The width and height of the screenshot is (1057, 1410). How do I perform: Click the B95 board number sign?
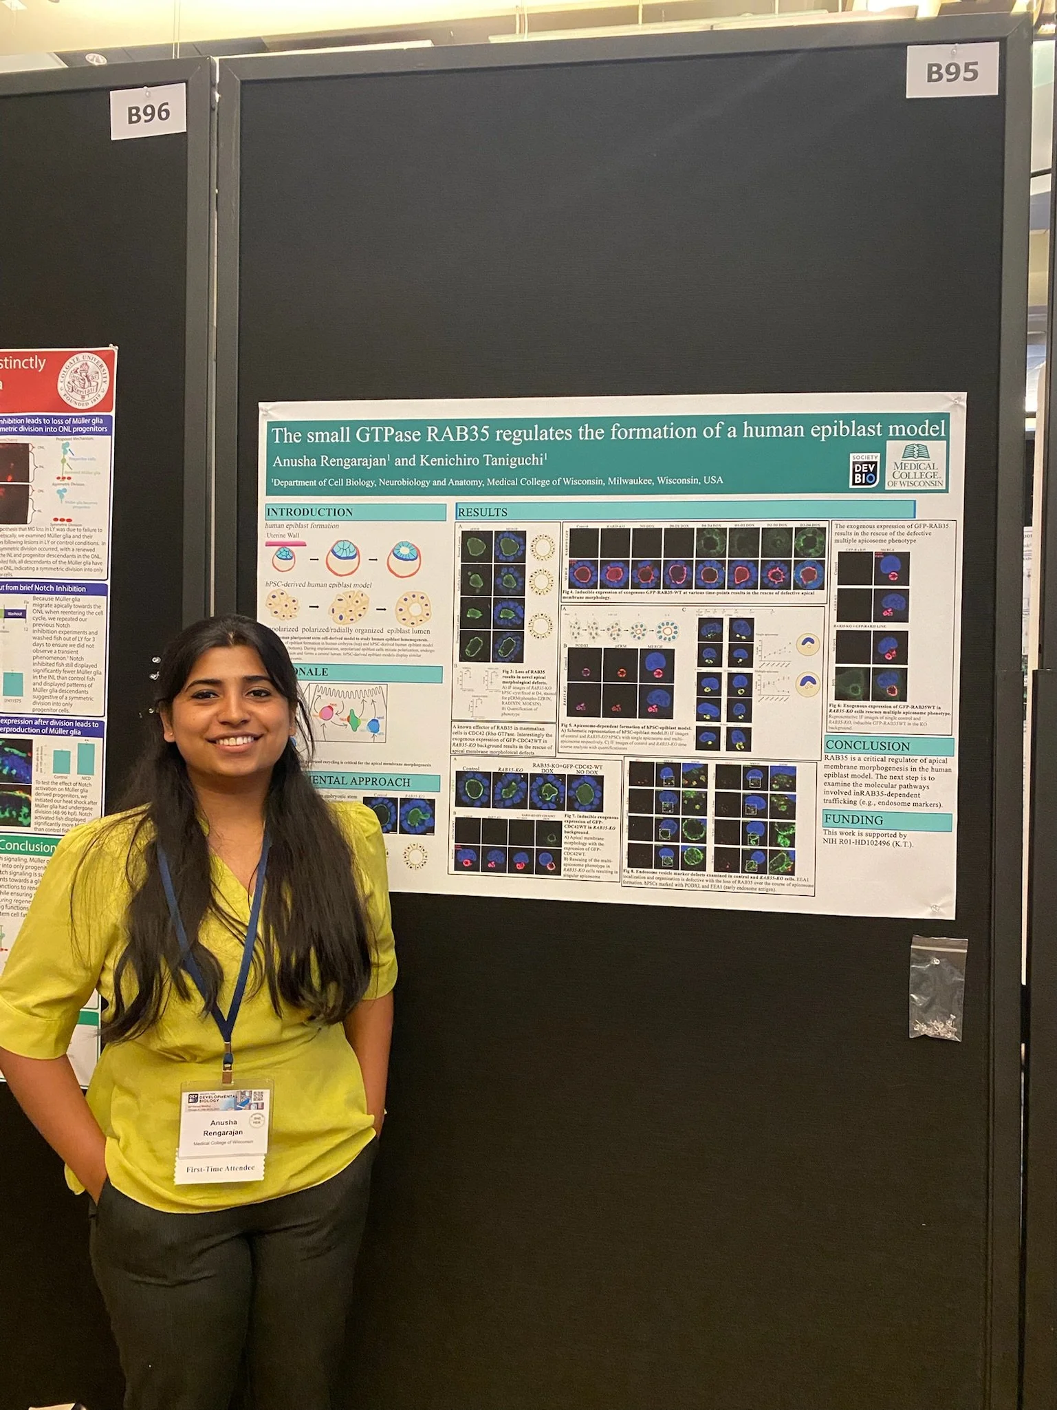(952, 71)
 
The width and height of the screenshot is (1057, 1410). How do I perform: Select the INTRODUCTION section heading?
(309, 512)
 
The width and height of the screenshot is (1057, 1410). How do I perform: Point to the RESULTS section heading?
(483, 512)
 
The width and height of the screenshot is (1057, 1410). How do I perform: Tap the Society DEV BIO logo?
(863, 470)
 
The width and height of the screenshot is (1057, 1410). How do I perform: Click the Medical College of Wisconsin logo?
(915, 466)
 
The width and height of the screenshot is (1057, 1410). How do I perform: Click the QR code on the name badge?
(258, 1096)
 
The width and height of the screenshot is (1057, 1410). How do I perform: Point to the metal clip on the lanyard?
(226, 1067)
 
